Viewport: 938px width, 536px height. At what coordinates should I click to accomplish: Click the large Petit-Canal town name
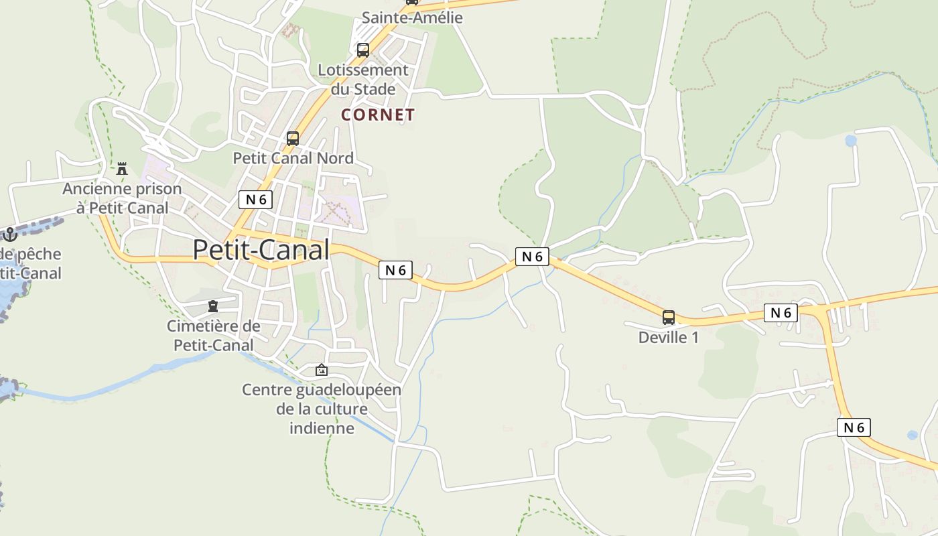(261, 250)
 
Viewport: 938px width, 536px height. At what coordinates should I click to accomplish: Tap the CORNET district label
(378, 115)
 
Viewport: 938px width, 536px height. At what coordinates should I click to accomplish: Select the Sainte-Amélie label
(412, 17)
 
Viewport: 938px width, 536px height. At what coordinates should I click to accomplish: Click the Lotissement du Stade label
(363, 79)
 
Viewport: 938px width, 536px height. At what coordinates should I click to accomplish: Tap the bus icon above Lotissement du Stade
(362, 50)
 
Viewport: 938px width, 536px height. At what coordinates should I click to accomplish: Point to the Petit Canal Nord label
(293, 158)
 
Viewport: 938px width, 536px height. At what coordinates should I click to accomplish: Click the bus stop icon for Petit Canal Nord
(293, 139)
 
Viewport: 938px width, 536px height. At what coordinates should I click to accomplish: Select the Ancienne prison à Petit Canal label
(122, 198)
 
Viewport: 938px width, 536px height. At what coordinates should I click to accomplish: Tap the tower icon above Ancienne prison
(122, 169)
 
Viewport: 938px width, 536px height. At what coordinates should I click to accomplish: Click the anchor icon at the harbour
(9, 234)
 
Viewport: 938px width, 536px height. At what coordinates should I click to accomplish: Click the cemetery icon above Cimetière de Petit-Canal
(213, 306)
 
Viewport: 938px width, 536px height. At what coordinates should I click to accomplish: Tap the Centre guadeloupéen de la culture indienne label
(322, 409)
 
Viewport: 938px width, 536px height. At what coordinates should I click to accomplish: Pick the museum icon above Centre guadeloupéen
(322, 370)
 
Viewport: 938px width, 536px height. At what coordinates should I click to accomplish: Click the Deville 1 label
(668, 337)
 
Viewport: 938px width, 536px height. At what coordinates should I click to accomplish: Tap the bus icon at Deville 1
(668, 317)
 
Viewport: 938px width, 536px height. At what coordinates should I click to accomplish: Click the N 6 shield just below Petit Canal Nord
(256, 199)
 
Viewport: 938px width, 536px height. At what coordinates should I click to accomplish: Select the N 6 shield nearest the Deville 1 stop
(781, 312)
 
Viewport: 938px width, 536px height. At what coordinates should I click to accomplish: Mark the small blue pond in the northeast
(851, 141)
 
